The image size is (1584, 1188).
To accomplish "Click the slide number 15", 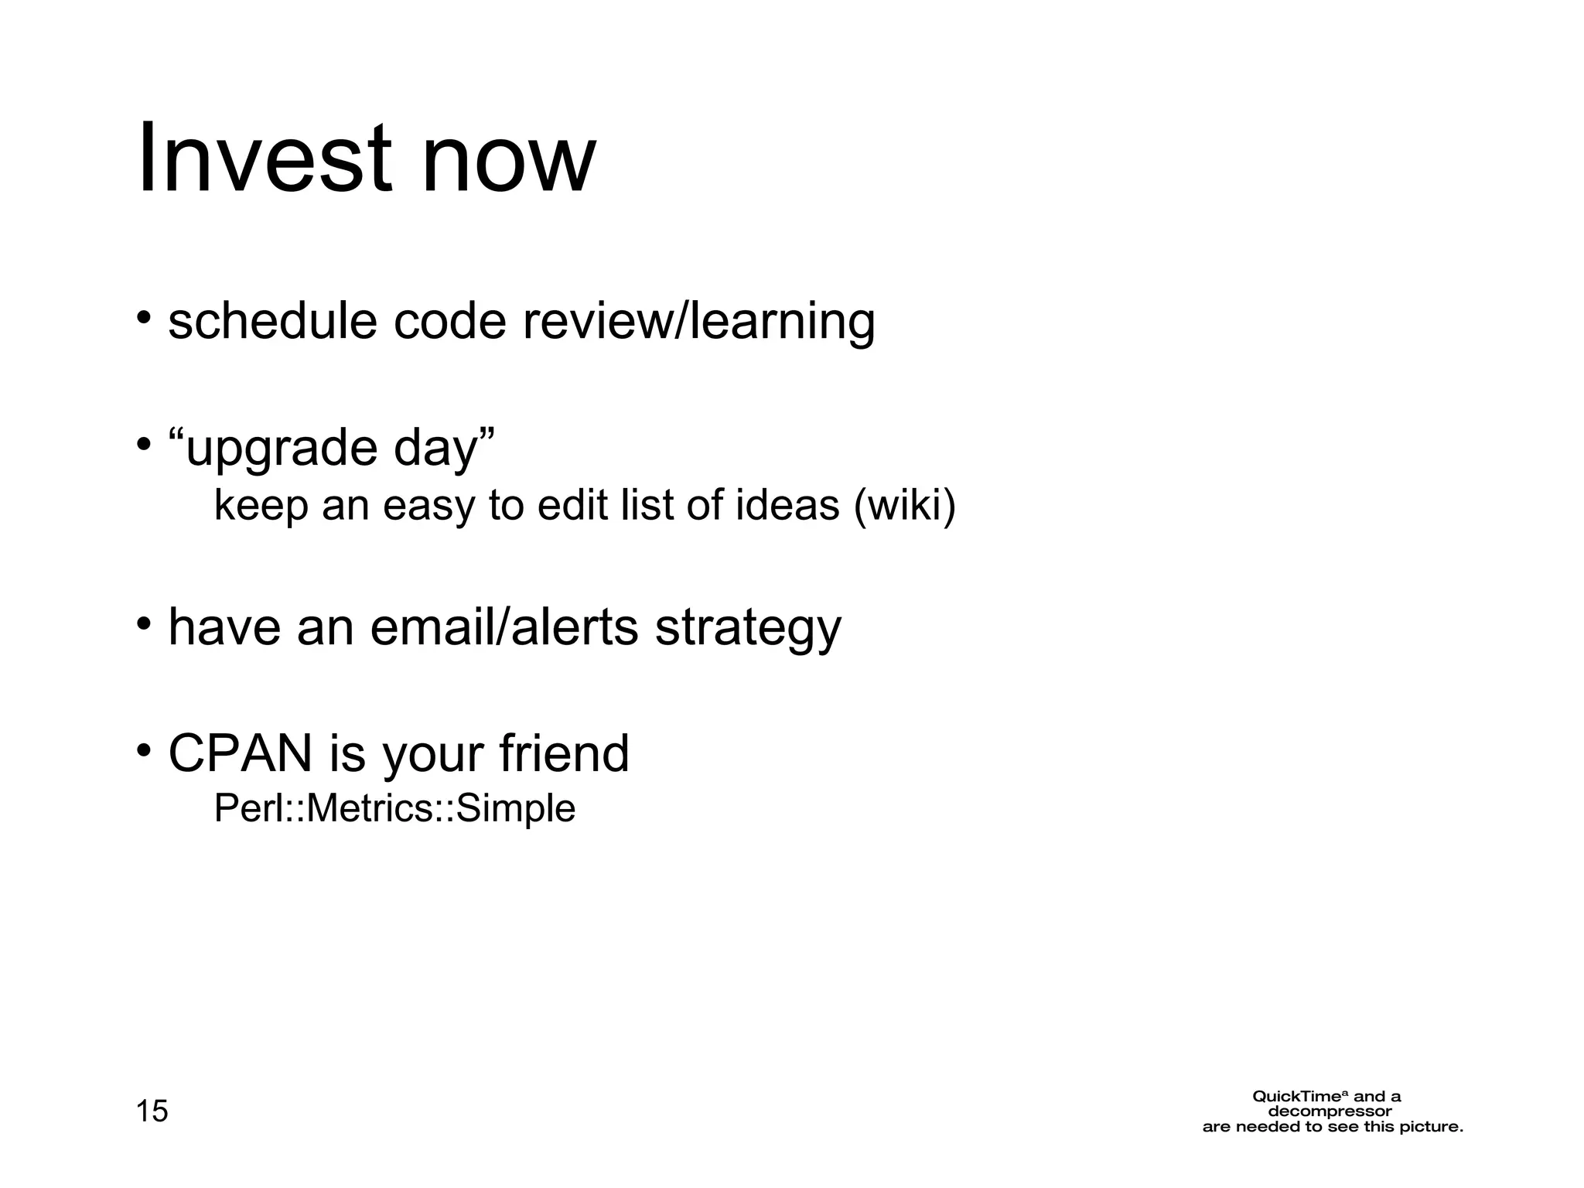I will point(152,1111).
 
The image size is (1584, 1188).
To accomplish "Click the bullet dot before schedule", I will point(143,318).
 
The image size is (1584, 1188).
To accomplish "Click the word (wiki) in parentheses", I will point(905,506).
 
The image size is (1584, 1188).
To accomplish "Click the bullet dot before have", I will point(143,623).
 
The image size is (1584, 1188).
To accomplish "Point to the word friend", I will point(564,753).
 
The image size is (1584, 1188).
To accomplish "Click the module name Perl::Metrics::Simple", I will point(394,809).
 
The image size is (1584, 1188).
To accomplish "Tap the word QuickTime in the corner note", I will point(1300,1097).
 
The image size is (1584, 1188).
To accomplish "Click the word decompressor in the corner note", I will point(1330,1112).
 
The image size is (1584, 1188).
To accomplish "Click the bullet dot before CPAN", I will point(143,750).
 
